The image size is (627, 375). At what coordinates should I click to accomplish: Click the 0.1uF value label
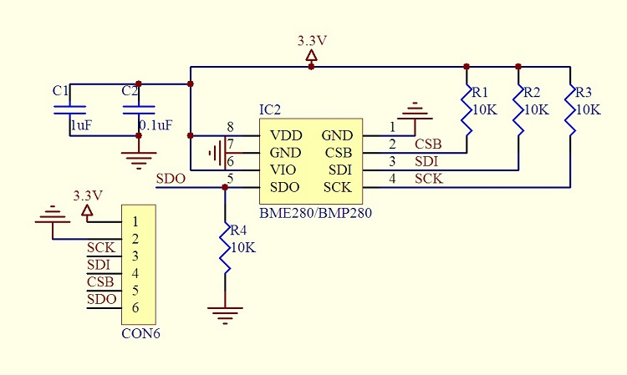pyautogui.click(x=156, y=125)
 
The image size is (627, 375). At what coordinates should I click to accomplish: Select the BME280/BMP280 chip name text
pyautogui.click(x=315, y=212)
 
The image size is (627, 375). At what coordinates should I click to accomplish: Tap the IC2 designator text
pyautogui.click(x=270, y=109)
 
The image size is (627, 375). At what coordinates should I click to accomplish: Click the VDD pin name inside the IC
pyautogui.click(x=286, y=135)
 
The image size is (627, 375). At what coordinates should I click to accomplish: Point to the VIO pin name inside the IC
pyautogui.click(x=285, y=170)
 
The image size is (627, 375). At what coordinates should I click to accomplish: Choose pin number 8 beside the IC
pyautogui.click(x=230, y=127)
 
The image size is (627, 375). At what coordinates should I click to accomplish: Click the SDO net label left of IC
pyautogui.click(x=171, y=179)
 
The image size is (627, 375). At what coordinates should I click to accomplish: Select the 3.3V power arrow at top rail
pyautogui.click(x=312, y=56)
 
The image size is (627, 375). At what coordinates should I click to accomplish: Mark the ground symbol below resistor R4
pyautogui.click(x=225, y=313)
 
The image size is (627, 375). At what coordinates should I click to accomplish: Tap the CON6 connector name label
pyautogui.click(x=140, y=333)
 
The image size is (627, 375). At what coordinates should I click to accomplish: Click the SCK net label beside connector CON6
pyautogui.click(x=100, y=247)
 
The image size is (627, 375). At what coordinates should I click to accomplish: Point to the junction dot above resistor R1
pyautogui.click(x=466, y=66)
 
